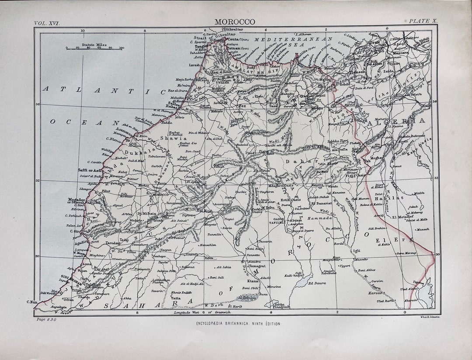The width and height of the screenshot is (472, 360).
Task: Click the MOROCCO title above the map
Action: coord(235,22)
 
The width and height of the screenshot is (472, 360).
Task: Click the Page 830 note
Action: coord(45,320)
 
